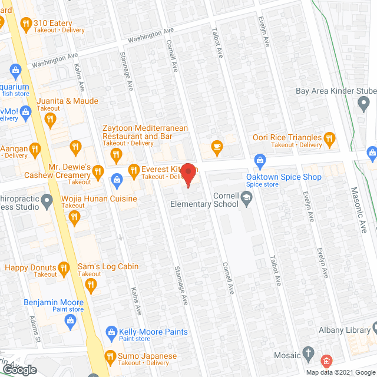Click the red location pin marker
188,176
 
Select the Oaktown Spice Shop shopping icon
260,160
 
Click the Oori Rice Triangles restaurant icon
329,140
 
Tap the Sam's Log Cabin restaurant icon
91,286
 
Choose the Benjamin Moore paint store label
54,303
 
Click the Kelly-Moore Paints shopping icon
110,333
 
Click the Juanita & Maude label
67,101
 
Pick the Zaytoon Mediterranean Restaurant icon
115,156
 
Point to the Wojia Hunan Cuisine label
99,199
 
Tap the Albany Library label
343,330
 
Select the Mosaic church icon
308,355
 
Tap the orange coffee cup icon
217,146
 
